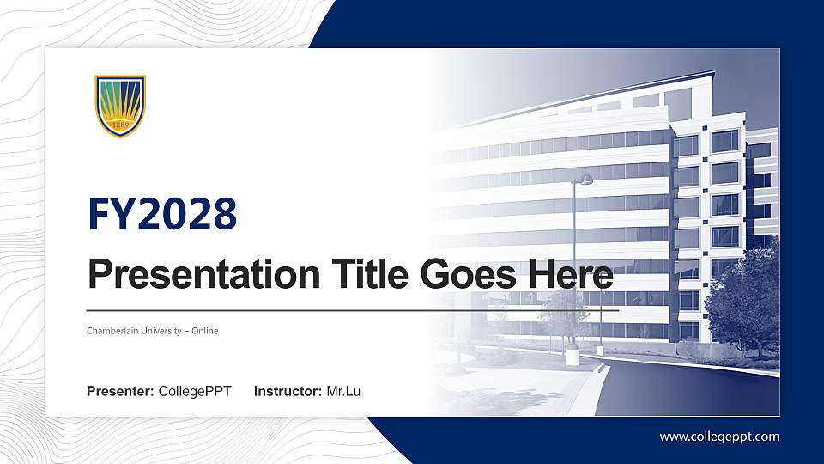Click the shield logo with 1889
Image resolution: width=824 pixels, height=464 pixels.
tap(120, 106)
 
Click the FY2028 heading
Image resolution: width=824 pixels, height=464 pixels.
tap(162, 215)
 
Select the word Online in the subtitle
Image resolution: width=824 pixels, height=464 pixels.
tap(205, 331)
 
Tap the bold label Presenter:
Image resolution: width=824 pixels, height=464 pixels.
tap(120, 392)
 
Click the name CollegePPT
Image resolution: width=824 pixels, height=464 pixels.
tap(195, 392)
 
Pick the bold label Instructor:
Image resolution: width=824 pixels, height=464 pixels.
tap(288, 392)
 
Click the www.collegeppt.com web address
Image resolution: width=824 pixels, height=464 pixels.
tap(719, 437)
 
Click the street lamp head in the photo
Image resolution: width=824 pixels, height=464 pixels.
tap(585, 180)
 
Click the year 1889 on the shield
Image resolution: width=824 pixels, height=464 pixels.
tap(120, 125)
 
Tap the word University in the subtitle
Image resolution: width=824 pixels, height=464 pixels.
tap(163, 331)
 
